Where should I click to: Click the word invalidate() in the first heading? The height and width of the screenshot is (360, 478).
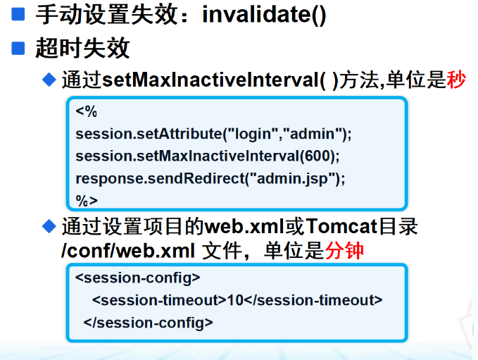point(264,15)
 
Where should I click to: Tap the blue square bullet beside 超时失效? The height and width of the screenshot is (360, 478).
point(18,48)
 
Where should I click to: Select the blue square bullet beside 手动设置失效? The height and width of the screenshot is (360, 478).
point(18,14)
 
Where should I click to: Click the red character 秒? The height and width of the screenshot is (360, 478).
point(456,80)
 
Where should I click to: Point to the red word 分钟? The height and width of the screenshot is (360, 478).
point(344,251)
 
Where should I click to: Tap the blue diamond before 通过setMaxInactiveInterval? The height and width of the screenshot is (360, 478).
point(49,80)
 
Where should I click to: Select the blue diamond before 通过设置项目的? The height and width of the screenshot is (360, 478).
point(49,226)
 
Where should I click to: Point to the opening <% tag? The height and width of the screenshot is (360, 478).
point(87,111)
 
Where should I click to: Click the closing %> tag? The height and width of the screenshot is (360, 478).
point(87,201)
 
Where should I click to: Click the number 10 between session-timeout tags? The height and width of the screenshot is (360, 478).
point(235,300)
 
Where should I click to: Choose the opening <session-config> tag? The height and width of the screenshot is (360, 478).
point(137,278)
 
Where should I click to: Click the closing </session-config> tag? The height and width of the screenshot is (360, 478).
point(148,323)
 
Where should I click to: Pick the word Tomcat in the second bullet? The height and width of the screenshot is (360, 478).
point(341,226)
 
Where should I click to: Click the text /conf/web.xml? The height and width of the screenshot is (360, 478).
point(128,251)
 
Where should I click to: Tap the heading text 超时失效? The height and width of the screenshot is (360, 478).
point(83,48)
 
